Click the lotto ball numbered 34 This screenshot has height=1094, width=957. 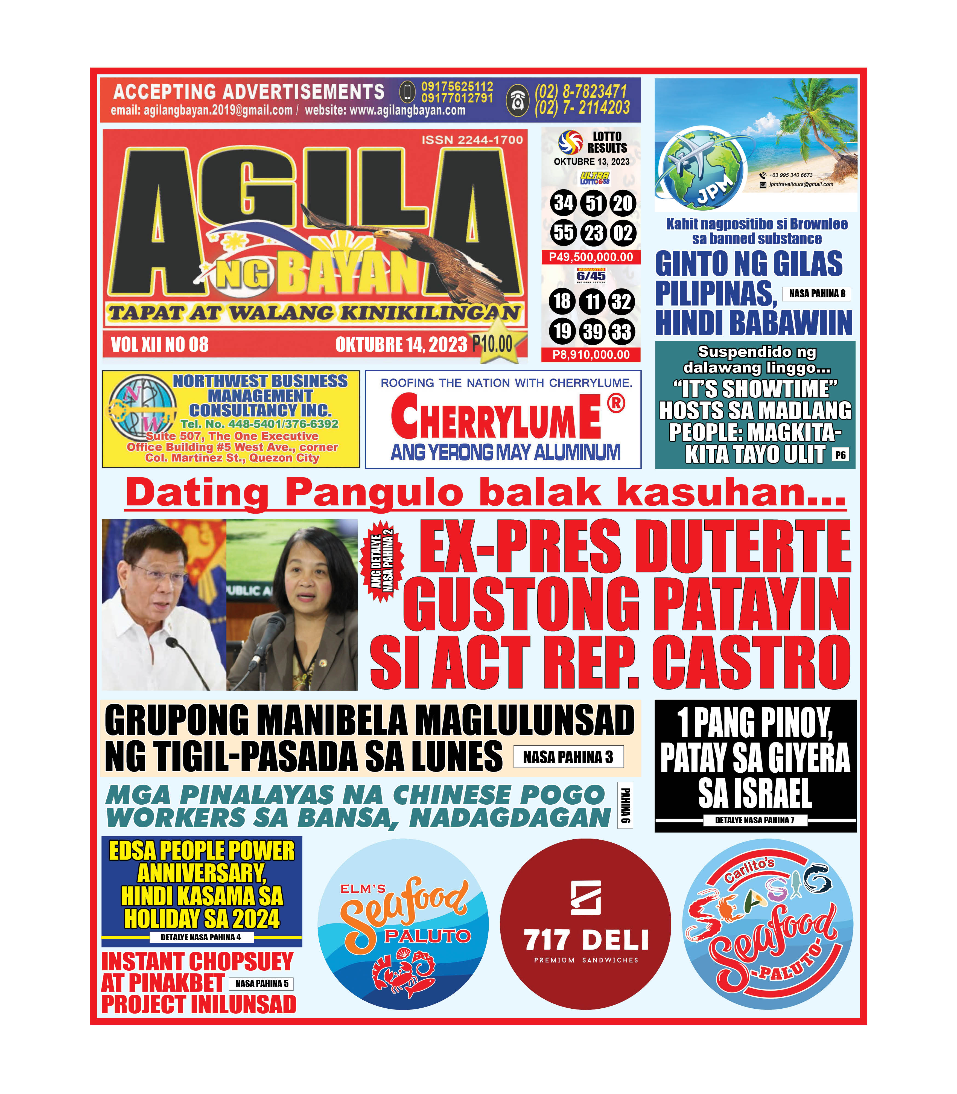pyautogui.click(x=563, y=203)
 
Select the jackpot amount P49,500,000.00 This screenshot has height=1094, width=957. pyautogui.click(x=591, y=257)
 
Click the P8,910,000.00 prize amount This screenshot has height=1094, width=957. pyautogui.click(x=591, y=355)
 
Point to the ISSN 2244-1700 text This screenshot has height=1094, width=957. pyautogui.click(x=472, y=140)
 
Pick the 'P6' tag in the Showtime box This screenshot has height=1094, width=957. pyautogui.click(x=840, y=455)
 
